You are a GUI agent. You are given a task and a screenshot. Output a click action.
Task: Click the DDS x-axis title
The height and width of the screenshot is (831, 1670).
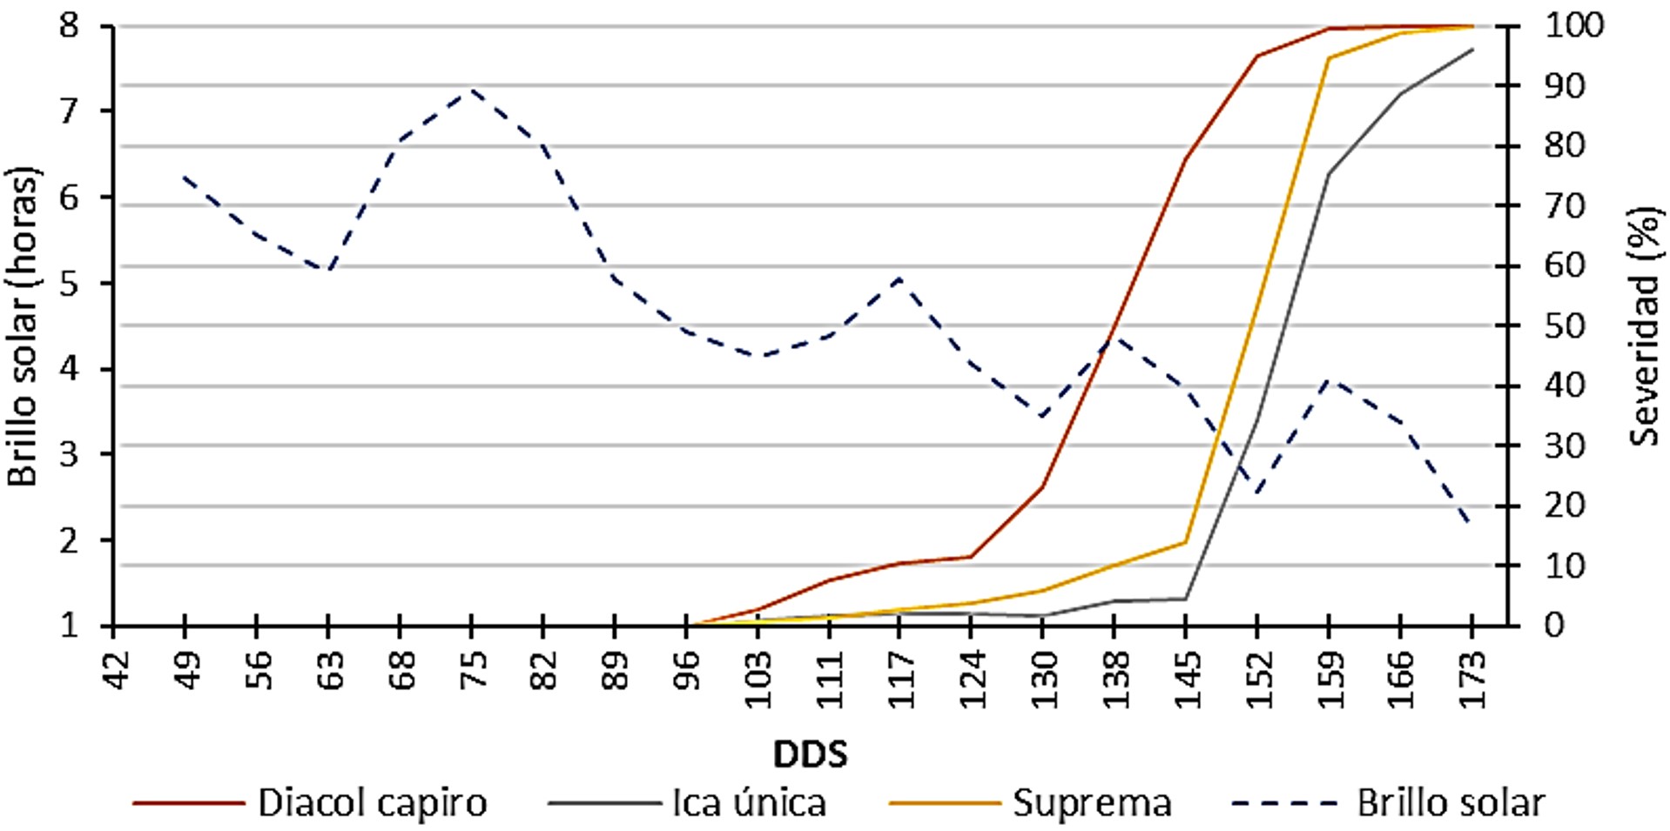810,754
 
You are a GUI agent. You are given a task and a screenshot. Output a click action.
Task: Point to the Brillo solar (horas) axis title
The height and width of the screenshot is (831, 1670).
24,326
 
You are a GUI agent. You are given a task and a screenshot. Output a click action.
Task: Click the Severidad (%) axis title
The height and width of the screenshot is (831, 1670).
1645,326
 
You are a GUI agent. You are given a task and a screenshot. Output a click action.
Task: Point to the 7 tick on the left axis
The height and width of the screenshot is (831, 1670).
70,111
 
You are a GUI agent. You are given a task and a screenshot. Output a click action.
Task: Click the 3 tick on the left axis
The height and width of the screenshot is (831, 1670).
70,454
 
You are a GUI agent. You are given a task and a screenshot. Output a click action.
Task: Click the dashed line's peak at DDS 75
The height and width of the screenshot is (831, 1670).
472,90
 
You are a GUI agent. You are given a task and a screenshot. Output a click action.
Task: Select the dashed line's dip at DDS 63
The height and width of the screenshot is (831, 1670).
328,271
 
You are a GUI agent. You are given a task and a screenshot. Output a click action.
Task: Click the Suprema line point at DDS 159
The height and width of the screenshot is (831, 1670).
1329,58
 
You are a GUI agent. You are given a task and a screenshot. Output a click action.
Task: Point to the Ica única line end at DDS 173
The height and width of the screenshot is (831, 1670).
1471,50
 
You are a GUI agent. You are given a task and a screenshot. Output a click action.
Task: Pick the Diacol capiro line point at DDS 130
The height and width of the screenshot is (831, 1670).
1042,487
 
